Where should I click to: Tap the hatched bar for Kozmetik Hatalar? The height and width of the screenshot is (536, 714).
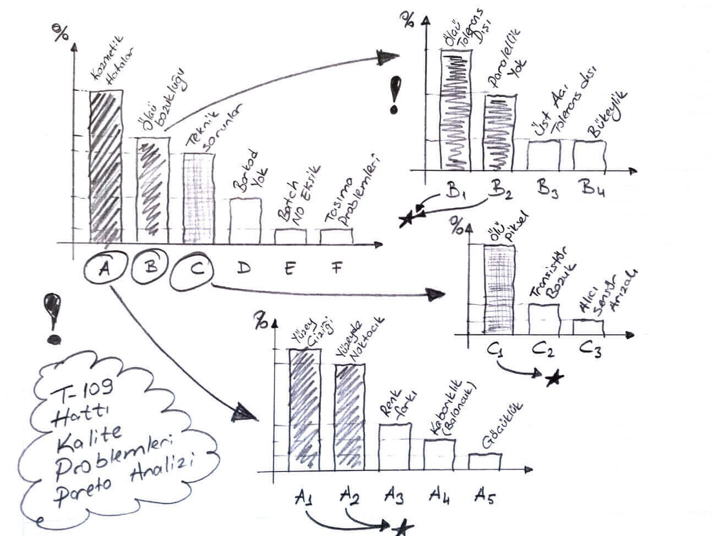point(106,166)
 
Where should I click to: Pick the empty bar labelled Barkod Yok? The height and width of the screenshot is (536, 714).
point(245,220)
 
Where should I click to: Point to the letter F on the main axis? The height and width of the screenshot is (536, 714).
point(336,268)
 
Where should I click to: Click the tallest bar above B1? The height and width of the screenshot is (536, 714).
point(456,109)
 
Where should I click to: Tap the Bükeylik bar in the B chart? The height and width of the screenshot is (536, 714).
point(590,155)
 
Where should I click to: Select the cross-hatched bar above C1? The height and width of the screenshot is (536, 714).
point(499,289)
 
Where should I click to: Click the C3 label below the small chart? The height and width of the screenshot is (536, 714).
point(590,350)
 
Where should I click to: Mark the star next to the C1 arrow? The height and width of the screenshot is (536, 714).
point(554,378)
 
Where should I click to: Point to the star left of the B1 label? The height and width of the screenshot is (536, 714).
point(407,220)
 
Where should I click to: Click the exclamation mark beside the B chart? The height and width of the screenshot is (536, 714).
point(394,95)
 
